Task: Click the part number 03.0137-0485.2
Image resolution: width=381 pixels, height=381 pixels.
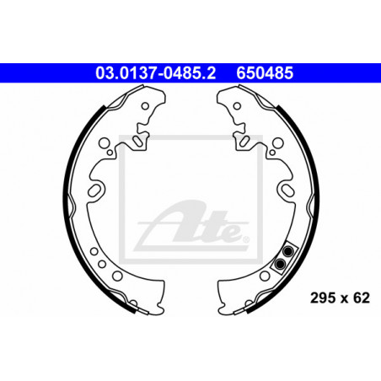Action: (x=156, y=72)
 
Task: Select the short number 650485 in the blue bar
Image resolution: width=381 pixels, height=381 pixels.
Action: (x=265, y=72)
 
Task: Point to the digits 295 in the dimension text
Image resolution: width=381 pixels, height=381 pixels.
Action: (x=323, y=298)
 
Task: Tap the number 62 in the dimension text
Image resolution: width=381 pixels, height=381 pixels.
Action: (x=362, y=298)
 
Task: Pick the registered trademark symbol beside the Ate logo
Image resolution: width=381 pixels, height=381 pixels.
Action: (x=246, y=239)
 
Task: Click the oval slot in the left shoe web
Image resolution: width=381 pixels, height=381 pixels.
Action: (x=94, y=190)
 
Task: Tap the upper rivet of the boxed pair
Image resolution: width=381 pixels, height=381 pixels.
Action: (x=287, y=251)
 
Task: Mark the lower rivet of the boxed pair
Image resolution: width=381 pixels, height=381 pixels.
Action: (x=280, y=264)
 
